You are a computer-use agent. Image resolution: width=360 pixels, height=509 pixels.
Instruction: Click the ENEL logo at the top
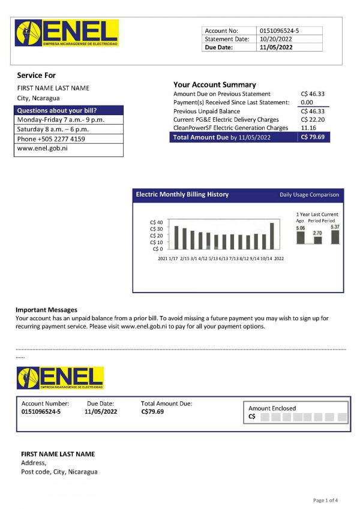click(67, 33)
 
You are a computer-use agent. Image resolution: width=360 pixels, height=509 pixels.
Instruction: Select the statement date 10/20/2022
click(277, 39)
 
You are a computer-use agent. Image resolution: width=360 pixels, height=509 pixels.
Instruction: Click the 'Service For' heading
click(36, 76)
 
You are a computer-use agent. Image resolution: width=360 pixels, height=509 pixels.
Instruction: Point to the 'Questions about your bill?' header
click(57, 110)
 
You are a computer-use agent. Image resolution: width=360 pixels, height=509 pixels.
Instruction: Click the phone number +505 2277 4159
click(51, 139)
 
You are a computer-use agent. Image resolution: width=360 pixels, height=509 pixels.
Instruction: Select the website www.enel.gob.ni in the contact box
click(42, 148)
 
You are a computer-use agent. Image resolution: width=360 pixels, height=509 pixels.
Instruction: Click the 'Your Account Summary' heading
click(214, 85)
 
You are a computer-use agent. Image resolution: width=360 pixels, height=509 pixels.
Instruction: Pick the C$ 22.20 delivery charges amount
click(313, 120)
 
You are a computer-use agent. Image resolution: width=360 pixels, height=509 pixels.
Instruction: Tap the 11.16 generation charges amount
click(308, 128)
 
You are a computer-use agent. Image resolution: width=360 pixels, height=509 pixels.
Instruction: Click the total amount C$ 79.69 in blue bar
click(313, 137)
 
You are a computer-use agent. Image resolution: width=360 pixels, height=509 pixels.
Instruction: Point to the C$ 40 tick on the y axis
click(156, 222)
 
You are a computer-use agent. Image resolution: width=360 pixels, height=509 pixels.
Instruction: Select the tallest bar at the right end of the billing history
click(272, 236)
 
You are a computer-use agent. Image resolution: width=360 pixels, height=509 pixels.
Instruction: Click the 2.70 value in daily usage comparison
click(318, 233)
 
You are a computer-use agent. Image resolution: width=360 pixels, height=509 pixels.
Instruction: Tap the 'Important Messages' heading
click(46, 309)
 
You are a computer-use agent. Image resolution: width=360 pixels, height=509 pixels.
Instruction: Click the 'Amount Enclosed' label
click(272, 408)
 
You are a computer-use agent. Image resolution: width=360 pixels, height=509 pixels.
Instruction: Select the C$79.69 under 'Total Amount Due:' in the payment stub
click(152, 412)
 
